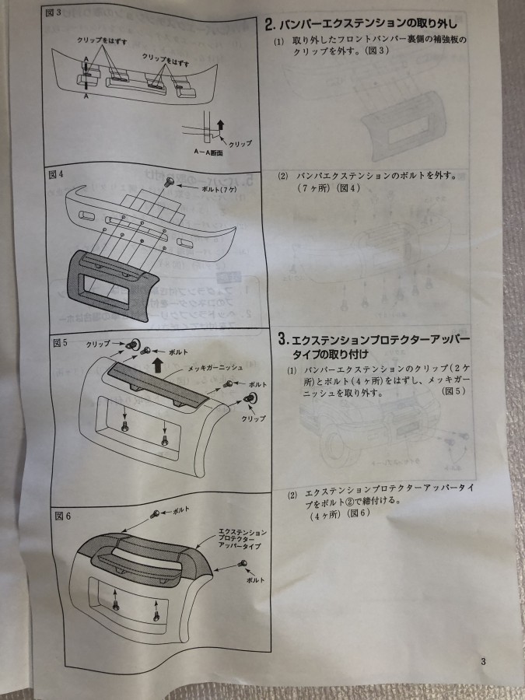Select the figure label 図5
point(61,342)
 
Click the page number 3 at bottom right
point(483,662)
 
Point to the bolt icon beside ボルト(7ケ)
point(170,182)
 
